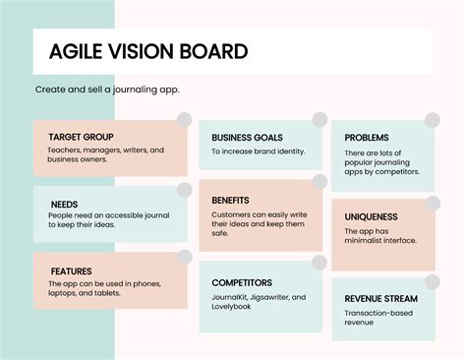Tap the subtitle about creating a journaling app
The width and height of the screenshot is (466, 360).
pos(107,90)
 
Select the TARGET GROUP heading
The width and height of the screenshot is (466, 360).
pos(81,137)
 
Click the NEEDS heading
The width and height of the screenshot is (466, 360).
pos(65,205)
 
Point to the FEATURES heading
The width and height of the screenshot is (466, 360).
pos(72,271)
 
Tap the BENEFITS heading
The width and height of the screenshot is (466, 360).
pos(230,200)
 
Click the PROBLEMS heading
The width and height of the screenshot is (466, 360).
pos(368,138)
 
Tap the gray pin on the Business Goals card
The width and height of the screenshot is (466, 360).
pos(320,120)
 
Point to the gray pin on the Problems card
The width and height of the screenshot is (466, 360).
pos(434,120)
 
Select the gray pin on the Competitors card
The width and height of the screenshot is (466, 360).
pos(320,263)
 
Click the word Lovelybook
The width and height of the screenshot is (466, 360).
pos(236,307)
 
